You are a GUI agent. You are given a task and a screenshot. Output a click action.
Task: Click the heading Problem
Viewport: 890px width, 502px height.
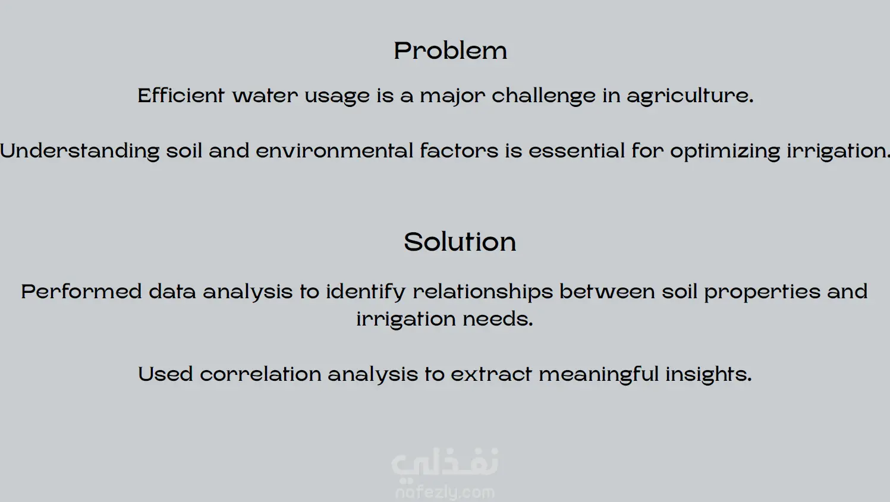coord(450,51)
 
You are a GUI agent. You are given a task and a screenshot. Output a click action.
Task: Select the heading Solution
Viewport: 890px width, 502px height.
coord(460,241)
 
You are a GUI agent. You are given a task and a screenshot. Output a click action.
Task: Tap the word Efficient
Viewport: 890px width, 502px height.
coord(181,95)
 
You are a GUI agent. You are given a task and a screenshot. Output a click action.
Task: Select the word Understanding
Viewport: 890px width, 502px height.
coord(80,151)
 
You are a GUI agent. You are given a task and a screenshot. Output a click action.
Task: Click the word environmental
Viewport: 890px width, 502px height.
coord(334,151)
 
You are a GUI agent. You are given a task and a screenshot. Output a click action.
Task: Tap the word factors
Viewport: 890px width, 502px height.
coord(459,151)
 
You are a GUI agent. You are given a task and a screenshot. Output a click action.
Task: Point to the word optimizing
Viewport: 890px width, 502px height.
coord(725,151)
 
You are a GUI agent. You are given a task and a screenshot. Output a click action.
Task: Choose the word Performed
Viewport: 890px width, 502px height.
coord(81,292)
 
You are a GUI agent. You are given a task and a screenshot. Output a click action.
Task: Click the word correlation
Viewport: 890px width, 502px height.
coord(260,374)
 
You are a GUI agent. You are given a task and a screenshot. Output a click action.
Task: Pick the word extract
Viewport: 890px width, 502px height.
coord(491,374)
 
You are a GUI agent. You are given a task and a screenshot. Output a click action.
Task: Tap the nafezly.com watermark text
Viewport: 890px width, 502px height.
coord(445,492)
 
